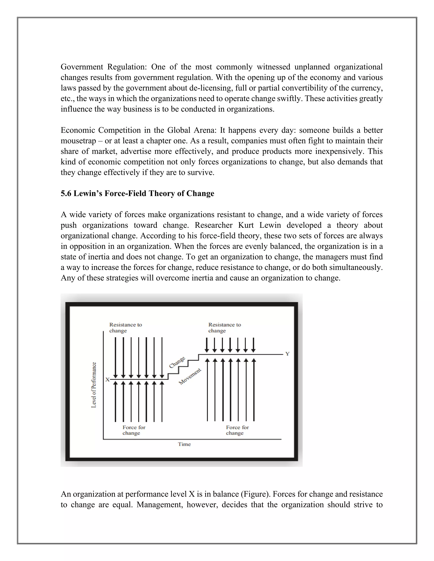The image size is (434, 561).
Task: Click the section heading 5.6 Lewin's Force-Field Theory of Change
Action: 137,193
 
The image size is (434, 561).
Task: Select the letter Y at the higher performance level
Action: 287,354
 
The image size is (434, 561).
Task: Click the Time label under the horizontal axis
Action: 184,444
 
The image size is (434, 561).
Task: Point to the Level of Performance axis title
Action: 94,385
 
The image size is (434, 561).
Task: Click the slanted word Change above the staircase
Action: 177,362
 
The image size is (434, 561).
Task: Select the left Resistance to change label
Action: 125,327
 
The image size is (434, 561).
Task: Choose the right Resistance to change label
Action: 224,327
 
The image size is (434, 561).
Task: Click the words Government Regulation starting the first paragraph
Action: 103,67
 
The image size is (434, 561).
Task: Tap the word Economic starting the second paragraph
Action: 77,130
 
